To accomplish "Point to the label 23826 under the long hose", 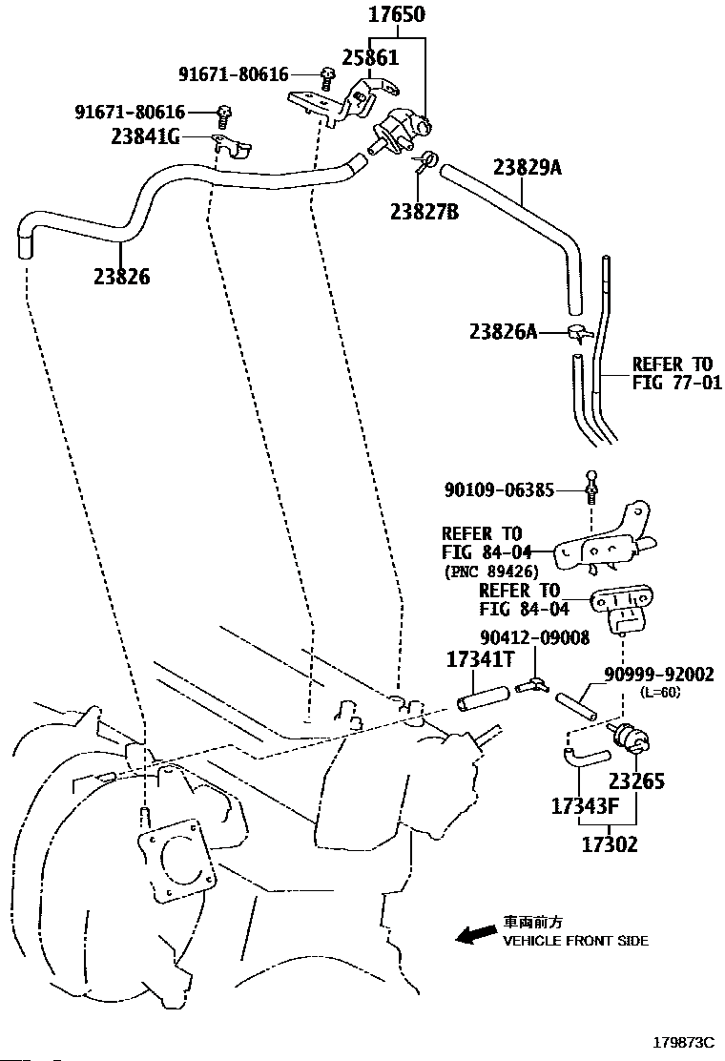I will click(121, 277).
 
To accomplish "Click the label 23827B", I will click(424, 211).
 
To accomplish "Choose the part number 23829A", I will click(527, 169).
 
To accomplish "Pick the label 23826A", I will click(503, 332).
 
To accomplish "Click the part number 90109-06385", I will click(499, 490).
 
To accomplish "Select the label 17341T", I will click(482, 660).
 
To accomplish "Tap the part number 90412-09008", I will click(535, 636).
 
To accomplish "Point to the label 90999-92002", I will click(658, 675).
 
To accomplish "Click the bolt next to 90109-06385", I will click(591, 488).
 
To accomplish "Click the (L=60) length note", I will click(661, 693).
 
